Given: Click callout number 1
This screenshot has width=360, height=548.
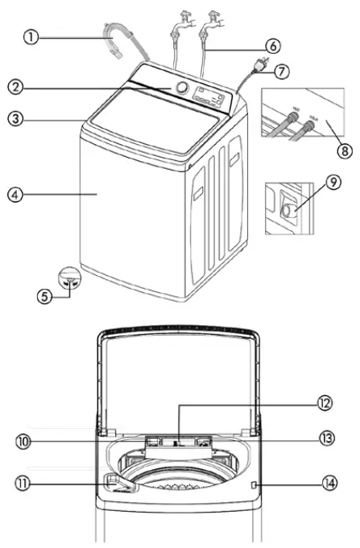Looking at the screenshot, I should [x=31, y=37].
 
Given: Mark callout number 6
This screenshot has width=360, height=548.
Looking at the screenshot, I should [x=274, y=46].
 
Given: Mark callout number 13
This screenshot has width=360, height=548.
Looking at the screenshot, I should [x=325, y=439].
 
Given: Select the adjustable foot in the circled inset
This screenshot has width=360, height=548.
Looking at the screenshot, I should [x=71, y=281].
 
